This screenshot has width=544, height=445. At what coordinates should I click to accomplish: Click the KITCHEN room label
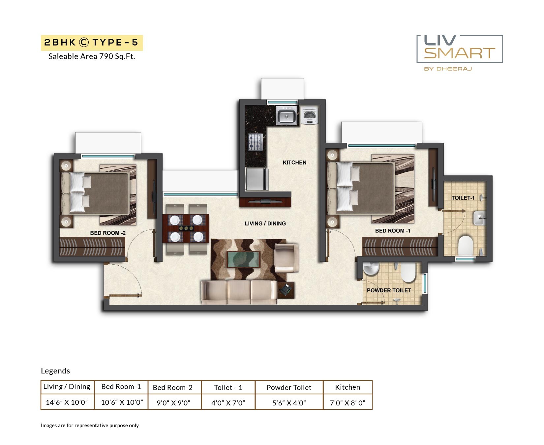tap(294, 163)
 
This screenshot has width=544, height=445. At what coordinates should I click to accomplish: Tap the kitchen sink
tap(287, 116)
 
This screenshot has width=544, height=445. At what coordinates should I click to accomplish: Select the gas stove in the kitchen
tap(256, 142)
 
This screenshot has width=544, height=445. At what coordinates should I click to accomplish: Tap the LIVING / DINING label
tap(265, 223)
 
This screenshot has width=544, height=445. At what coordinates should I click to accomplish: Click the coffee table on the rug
tap(244, 259)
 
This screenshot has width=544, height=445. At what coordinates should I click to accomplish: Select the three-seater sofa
tap(239, 291)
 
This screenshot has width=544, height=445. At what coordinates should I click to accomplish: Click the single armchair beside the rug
tap(286, 257)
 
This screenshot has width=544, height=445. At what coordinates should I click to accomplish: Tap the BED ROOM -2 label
tap(108, 233)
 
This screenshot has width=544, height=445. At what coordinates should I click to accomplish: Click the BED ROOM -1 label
tap(392, 231)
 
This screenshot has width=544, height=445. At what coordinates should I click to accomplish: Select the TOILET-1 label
tap(463, 198)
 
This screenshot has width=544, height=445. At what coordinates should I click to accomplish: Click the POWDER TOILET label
tap(389, 290)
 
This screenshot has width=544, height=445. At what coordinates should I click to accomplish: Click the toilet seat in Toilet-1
tap(466, 245)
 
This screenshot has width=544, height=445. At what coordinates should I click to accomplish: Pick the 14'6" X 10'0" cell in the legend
tap(67, 402)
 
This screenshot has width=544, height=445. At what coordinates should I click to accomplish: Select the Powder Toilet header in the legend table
tap(289, 387)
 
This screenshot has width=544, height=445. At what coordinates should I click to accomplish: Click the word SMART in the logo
tap(459, 53)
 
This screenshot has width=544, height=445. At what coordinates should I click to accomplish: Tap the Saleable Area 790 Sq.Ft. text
tap(92, 56)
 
